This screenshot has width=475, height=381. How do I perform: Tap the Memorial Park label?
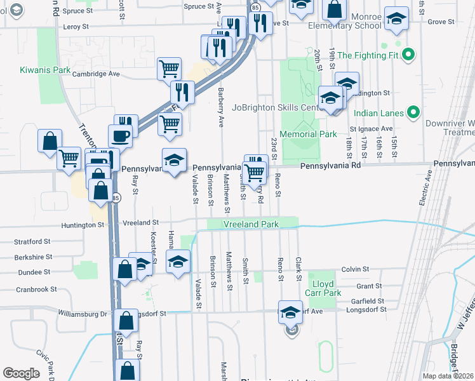click(x=309, y=135)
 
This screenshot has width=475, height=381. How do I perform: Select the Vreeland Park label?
click(x=251, y=225)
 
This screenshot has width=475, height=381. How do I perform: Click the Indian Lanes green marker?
click(x=413, y=114)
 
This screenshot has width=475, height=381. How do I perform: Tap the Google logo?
click(x=21, y=373)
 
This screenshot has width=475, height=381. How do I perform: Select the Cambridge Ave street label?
click(x=96, y=74)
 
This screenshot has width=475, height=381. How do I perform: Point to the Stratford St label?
click(x=33, y=242)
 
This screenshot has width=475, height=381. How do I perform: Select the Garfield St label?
click(x=371, y=301)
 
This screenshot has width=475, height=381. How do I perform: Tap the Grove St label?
click(x=441, y=22)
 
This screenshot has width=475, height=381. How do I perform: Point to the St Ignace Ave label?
click(x=371, y=129)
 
